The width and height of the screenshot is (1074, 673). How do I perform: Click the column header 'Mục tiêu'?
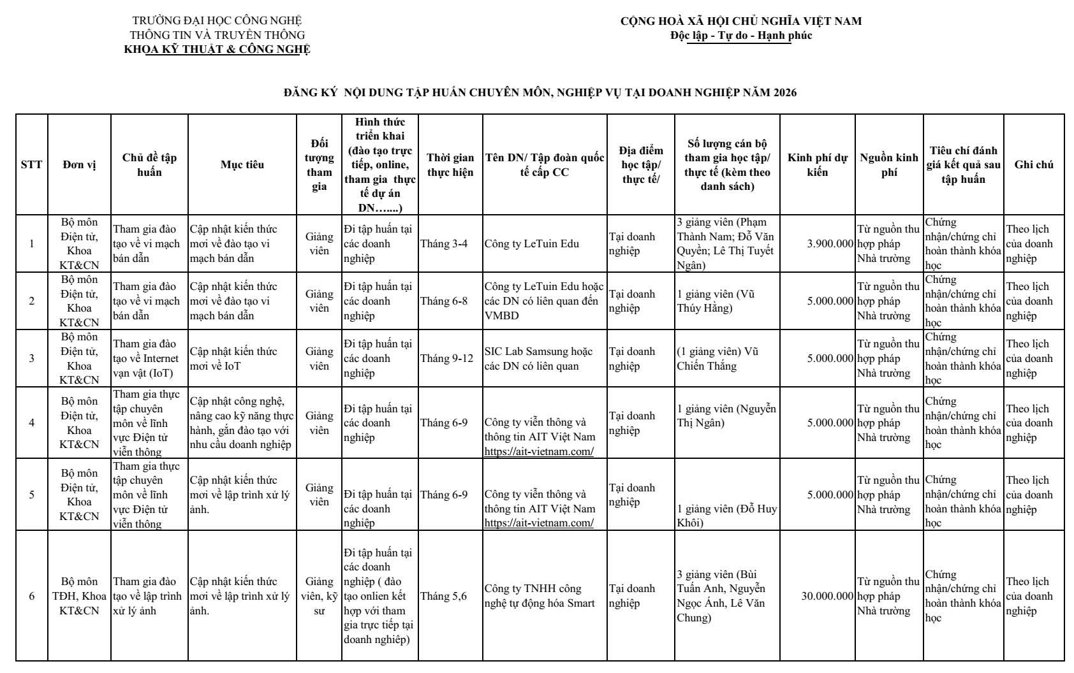point(242,164)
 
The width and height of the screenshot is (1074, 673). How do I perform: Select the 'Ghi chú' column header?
point(1033,164)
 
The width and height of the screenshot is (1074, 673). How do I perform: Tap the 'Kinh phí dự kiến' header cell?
point(816,164)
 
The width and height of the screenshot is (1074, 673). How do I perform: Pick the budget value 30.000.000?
point(827,597)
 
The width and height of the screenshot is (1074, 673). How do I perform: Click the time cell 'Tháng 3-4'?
point(443,243)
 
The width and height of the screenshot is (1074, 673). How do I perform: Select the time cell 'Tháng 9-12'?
point(446,358)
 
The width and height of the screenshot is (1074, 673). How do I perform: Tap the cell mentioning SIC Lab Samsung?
point(538,358)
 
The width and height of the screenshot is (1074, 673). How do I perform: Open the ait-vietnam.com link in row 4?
point(539,451)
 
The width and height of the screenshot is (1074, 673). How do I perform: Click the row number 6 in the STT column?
point(32,596)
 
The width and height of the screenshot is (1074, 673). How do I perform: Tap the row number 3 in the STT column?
point(32,358)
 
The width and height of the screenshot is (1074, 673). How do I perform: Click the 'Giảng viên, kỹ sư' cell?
point(319,596)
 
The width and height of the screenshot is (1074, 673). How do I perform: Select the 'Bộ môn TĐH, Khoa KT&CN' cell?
point(80,596)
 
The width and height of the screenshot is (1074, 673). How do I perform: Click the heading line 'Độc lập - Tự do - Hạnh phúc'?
point(740,36)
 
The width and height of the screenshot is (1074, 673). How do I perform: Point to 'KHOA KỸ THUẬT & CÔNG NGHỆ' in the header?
point(217,50)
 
